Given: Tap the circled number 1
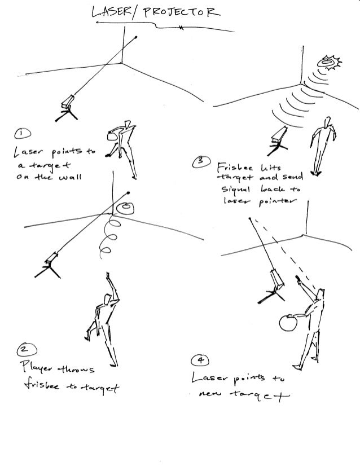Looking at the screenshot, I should point(21,134).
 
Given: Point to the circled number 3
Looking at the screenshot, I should point(199,162).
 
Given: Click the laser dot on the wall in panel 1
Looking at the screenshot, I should point(137,38).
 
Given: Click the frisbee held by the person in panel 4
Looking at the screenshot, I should point(288,323).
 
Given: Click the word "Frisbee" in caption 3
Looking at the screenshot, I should point(230,167).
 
